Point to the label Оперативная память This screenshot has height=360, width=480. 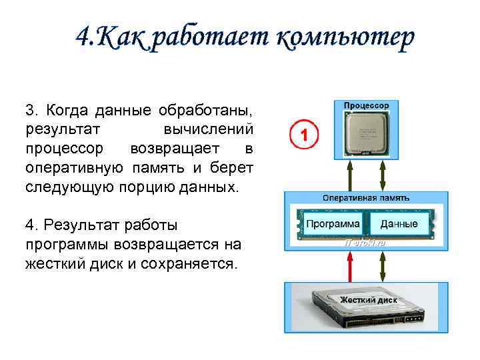[x=365, y=198]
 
